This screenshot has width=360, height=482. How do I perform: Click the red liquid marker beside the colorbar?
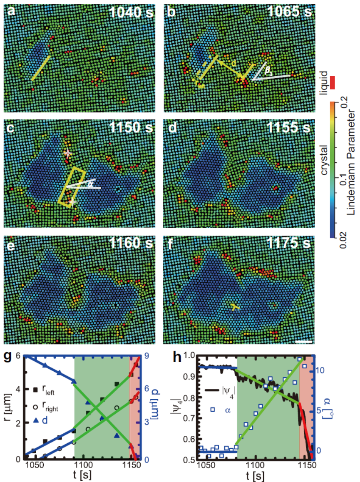point(333,82)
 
